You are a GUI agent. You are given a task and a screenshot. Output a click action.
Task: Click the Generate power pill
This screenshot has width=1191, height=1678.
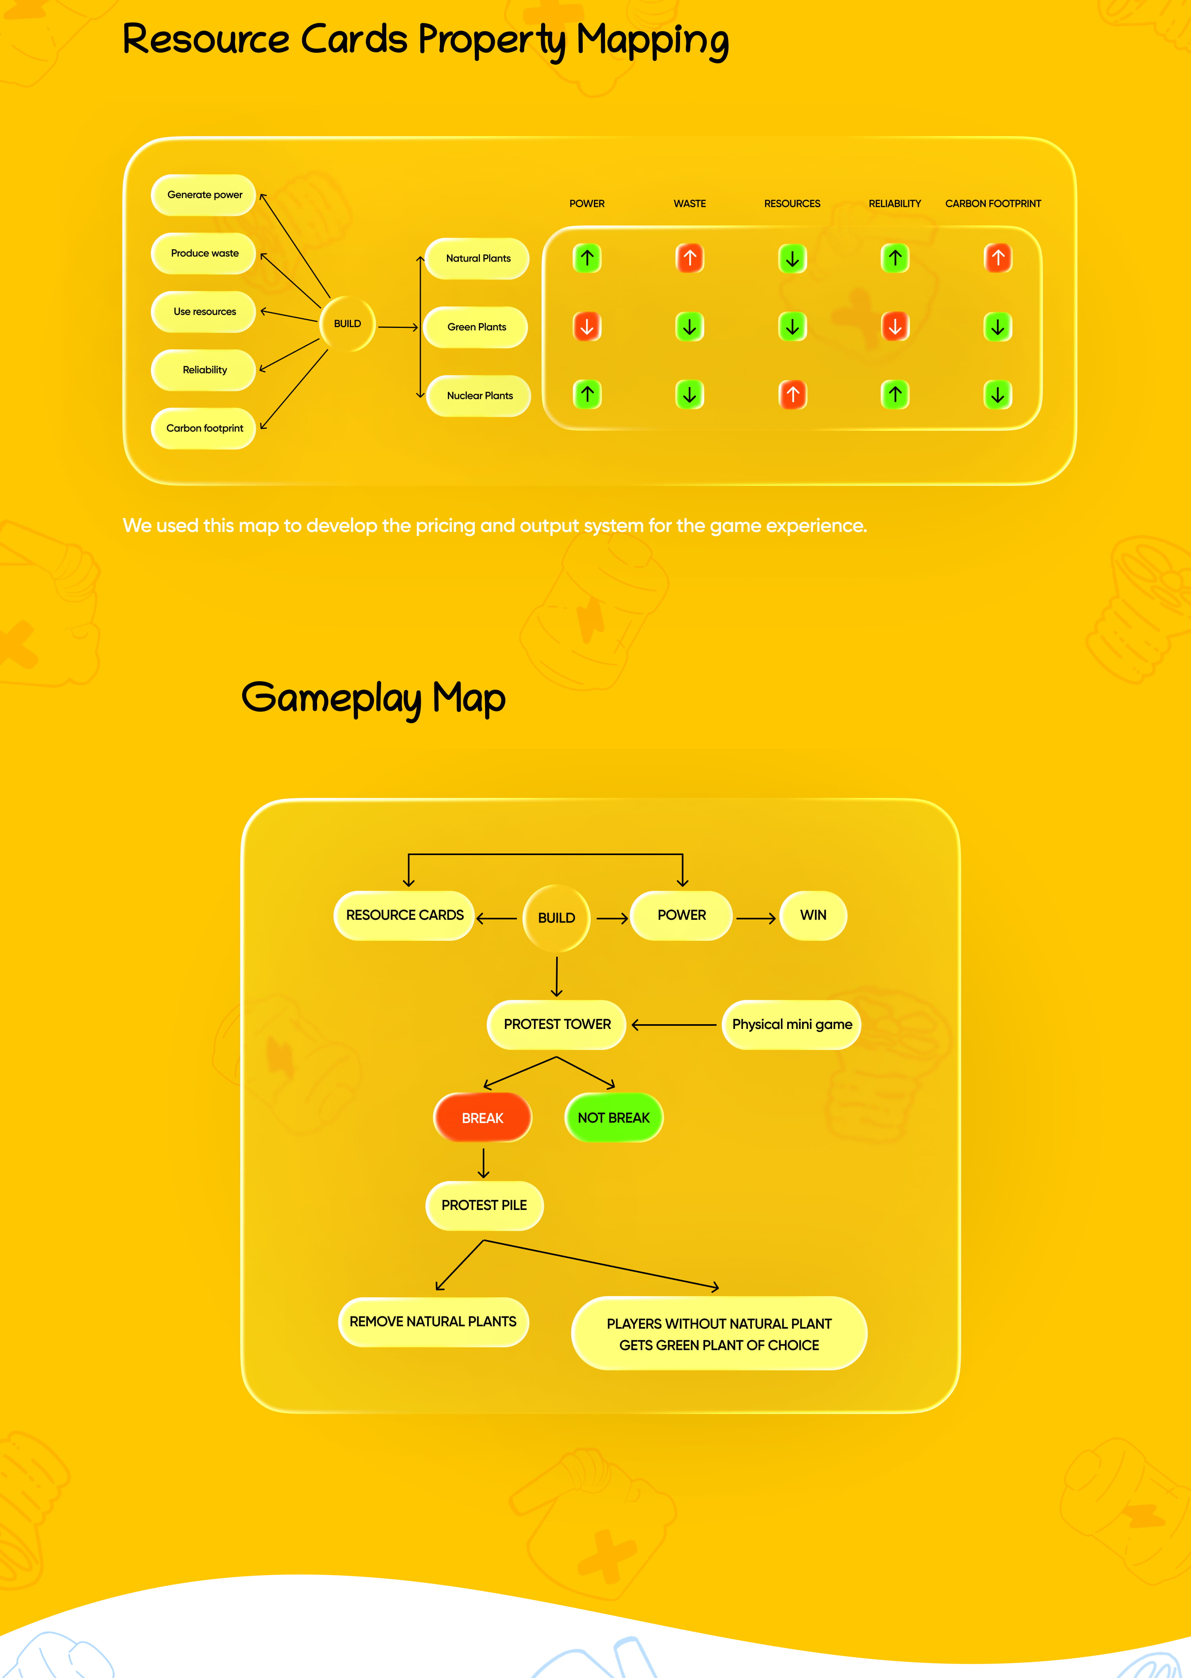click(x=204, y=195)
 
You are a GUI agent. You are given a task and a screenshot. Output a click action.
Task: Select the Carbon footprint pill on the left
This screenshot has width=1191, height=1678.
click(x=204, y=428)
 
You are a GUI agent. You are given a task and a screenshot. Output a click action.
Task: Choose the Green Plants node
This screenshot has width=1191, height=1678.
click(x=477, y=327)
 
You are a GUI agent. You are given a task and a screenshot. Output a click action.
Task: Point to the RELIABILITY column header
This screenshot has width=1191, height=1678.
click(x=895, y=204)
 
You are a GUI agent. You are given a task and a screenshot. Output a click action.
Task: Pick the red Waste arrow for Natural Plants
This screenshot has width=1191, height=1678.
click(x=689, y=258)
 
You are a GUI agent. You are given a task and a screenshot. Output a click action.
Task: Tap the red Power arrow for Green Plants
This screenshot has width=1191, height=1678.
click(x=587, y=327)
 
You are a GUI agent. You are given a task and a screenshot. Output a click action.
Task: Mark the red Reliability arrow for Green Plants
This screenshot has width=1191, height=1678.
click(x=895, y=327)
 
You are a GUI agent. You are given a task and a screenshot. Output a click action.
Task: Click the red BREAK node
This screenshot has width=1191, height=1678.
click(x=483, y=1118)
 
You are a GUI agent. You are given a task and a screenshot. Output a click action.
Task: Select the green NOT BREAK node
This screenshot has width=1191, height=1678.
click(x=614, y=1118)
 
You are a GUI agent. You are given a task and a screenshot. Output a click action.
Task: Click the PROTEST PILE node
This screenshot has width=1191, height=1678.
click(x=484, y=1205)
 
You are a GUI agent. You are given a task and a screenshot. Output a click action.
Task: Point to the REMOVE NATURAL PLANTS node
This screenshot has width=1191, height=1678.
click(x=433, y=1322)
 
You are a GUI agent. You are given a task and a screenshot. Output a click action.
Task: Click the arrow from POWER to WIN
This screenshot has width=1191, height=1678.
click(x=755, y=918)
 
